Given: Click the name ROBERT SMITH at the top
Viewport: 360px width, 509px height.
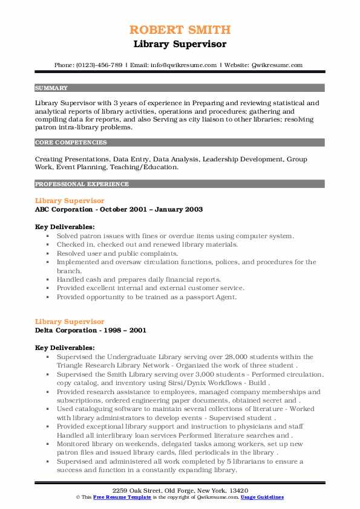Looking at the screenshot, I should point(180,30).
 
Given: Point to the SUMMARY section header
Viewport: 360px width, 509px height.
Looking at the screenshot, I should point(51,88).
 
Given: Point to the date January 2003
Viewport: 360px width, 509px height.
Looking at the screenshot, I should point(178,209).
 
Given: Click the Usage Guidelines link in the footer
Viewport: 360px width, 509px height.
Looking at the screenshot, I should point(263,497).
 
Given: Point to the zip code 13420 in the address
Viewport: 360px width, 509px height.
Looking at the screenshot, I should point(237,490).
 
